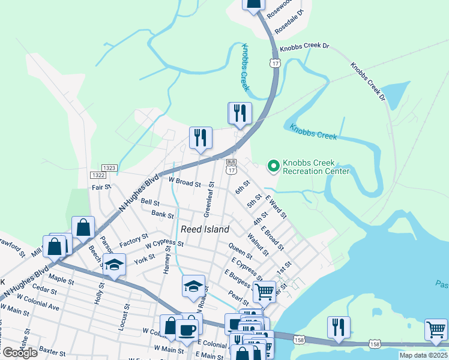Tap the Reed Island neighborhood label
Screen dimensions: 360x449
pyautogui.click(x=205, y=229)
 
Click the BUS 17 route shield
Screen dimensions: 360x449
pyautogui.click(x=231, y=166)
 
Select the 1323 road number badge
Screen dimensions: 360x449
pyautogui.click(x=109, y=168)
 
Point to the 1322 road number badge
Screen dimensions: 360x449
pyautogui.click(x=98, y=175)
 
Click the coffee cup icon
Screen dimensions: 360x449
pyautogui.click(x=188, y=329)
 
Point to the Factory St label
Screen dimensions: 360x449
pyautogui.click(x=133, y=241)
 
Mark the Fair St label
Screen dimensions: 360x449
pyautogui.click(x=101, y=187)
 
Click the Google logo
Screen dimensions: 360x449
pyautogui.click(x=20, y=353)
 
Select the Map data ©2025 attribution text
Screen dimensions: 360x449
pyautogui.click(x=423, y=355)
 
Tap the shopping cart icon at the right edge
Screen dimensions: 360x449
pyautogui.click(x=436, y=329)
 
